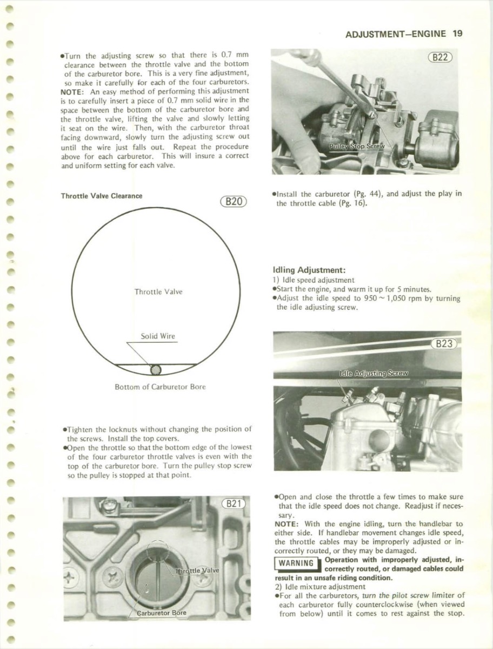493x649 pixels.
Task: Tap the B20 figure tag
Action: pyautogui.click(x=234, y=202)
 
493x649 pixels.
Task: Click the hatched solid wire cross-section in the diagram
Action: pyautogui.click(x=156, y=369)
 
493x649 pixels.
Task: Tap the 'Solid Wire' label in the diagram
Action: pyautogui.click(x=158, y=336)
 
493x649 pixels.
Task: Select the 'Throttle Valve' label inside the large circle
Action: pyautogui.click(x=158, y=292)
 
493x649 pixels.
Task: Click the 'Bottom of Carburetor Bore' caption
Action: pyautogui.click(x=160, y=387)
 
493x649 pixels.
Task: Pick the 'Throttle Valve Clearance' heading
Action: pyautogui.click(x=102, y=196)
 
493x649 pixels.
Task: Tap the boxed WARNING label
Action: pyautogui.click(x=296, y=564)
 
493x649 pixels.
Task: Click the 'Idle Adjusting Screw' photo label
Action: pyautogui.click(x=374, y=373)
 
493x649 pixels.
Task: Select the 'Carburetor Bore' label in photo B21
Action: pyautogui.click(x=161, y=613)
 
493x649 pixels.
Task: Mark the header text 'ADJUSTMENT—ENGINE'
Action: pyautogui.click(x=396, y=34)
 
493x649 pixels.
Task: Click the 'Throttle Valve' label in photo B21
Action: pyautogui.click(x=196, y=570)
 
